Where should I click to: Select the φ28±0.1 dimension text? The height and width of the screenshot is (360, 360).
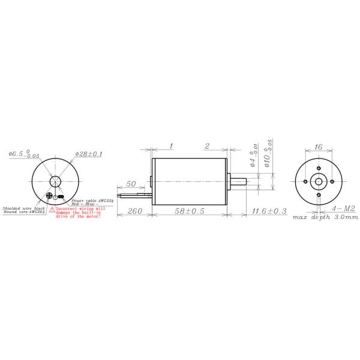coord(89,154)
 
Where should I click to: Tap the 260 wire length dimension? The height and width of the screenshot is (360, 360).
coord(135,211)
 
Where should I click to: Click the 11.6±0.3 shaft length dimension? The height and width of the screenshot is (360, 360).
coord(269,211)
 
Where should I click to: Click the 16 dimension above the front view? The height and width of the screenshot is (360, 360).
coord(318,146)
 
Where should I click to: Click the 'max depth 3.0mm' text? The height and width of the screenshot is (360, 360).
coord(325,218)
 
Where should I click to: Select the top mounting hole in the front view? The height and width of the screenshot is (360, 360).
coord(318,168)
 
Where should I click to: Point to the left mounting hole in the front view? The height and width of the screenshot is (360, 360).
coord(306,181)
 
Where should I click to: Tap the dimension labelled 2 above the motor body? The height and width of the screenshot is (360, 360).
coord(206,146)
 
